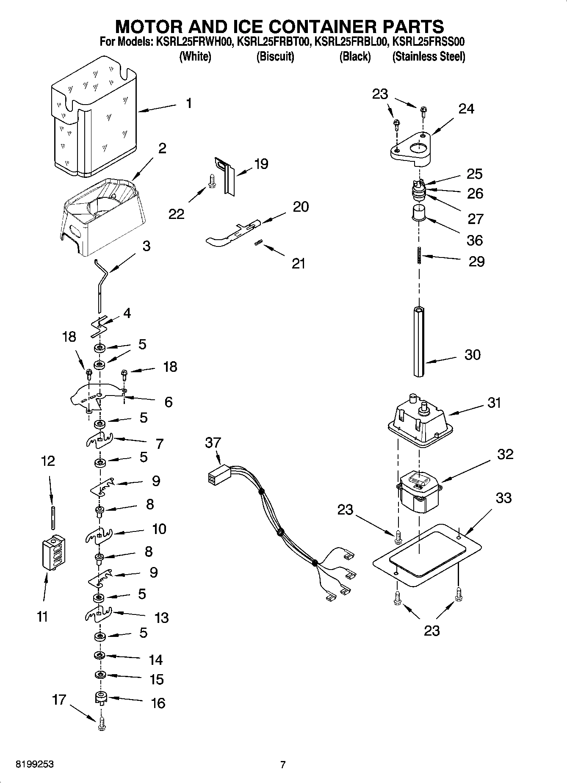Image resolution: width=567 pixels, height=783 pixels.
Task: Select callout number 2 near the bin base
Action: pos(162,148)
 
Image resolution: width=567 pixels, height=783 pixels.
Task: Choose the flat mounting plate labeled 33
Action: pos(428,555)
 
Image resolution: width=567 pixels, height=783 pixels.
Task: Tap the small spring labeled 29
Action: pos(419,256)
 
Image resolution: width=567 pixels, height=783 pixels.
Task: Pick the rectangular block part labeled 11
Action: pos(53,553)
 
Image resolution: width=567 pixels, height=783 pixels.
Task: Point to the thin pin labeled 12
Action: pos(53,517)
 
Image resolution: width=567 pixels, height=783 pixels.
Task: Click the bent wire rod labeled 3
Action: pos(101,286)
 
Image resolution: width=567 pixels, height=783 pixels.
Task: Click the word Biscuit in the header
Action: pos(275,56)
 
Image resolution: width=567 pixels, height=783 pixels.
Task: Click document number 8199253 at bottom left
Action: pos(35,764)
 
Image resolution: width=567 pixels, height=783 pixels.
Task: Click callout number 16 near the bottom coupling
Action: pos(158,703)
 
